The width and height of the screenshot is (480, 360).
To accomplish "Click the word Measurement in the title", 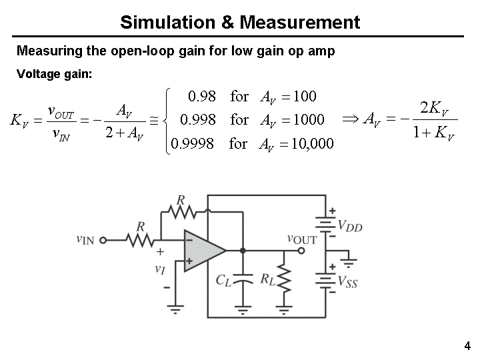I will tap(299, 23).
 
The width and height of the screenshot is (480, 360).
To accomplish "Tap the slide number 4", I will tap(467, 345).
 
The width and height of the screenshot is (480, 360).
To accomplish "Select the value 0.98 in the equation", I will tap(202, 96).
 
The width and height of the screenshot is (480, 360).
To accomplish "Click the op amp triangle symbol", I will tap(203, 250).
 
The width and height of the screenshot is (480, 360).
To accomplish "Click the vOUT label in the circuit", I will tap(302, 239).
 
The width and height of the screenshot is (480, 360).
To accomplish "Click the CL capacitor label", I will tap(223, 280).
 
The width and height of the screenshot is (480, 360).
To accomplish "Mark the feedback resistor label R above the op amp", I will tap(181, 200).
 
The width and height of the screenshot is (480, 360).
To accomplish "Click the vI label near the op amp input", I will tap(159, 269).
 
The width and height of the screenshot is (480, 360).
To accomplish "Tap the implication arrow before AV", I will tap(350, 119).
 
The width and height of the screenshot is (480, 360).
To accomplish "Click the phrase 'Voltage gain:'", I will tap(53, 74).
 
